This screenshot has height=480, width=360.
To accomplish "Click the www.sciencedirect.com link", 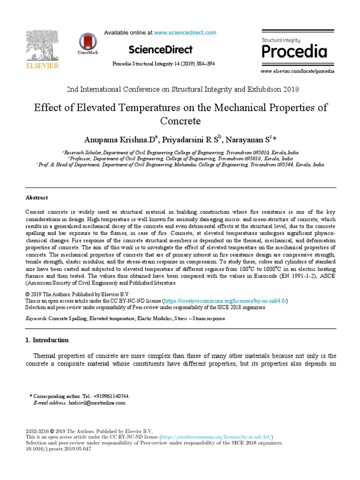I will pyautogui.click(x=185, y=33).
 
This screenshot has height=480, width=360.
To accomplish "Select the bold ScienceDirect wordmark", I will pyautogui.click(x=160, y=50).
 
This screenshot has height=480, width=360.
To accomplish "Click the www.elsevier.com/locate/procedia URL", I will pyautogui.click(x=298, y=71).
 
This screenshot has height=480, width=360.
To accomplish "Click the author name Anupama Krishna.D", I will pyautogui.click(x=120, y=140).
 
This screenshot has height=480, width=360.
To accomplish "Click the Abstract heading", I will pyautogui.click(x=37, y=198).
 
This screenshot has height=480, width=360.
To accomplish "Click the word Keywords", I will pyautogui.click(x=36, y=319).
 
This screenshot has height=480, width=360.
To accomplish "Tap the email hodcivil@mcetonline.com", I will pyautogui.click(x=97, y=403).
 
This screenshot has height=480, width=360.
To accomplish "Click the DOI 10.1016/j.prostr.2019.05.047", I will pyautogui.click(x=58, y=449).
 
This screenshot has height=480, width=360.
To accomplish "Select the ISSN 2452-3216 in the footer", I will pyautogui.click(x=37, y=431).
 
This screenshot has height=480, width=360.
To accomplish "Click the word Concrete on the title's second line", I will pyautogui.click(x=180, y=121).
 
